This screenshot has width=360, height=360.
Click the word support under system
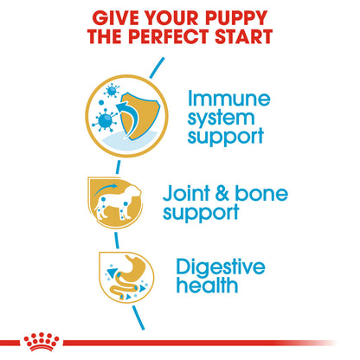(228, 137)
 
